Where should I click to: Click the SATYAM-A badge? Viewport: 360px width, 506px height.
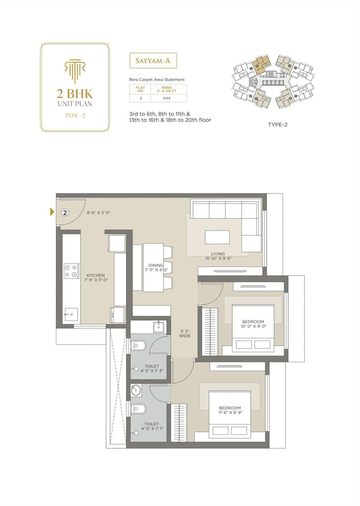click(x=153, y=61)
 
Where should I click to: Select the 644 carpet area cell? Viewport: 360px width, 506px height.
click(x=166, y=98)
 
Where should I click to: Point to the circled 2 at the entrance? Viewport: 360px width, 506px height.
click(x=65, y=212)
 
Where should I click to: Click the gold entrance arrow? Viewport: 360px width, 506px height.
click(x=52, y=212)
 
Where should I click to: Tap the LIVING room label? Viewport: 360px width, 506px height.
click(x=218, y=253)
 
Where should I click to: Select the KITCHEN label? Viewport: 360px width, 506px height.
click(x=95, y=275)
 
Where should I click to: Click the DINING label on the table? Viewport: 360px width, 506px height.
click(x=156, y=265)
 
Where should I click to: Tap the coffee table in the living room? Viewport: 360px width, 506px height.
click(x=217, y=237)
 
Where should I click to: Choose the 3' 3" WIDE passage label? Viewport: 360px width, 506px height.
click(x=185, y=333)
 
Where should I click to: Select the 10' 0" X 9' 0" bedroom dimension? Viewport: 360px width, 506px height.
click(x=254, y=326)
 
